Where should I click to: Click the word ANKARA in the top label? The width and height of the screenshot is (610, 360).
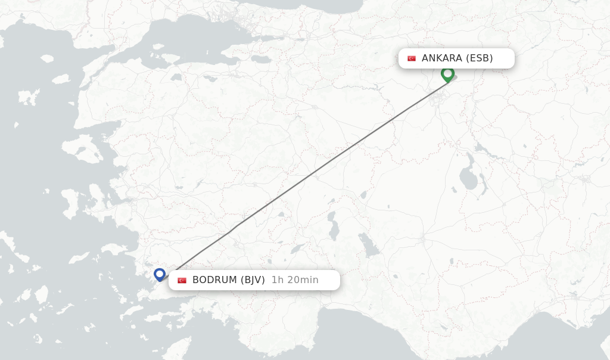[x=441, y=58]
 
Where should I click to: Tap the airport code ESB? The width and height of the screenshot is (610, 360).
[x=480, y=58]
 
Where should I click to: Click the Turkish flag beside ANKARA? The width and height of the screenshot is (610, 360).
[x=412, y=58]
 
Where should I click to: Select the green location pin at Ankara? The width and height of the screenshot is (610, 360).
[x=448, y=75]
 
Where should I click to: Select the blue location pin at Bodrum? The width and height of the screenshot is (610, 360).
[x=160, y=274]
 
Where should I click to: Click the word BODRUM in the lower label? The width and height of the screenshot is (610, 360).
[x=214, y=280]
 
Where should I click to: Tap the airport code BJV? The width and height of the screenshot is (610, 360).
[x=253, y=280]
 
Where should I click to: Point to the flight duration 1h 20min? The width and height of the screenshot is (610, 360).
[x=295, y=280]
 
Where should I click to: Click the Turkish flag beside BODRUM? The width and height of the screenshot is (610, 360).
[x=182, y=280]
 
